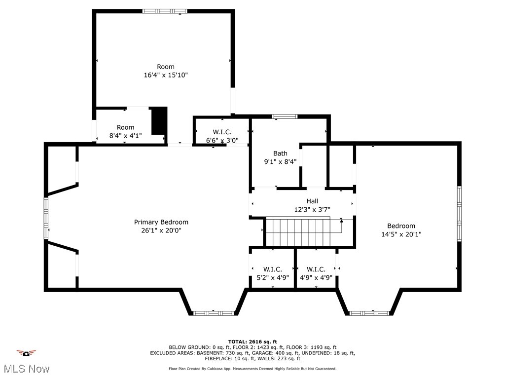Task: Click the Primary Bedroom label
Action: (161, 222)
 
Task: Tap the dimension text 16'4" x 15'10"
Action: (166, 75)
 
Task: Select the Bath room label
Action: (280, 153)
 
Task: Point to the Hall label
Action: (312, 201)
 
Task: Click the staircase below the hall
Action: (301, 232)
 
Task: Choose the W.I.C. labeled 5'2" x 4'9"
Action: (272, 269)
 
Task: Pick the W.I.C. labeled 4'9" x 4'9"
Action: (316, 269)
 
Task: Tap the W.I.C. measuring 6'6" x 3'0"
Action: (222, 132)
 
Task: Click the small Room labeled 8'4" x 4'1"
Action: (125, 127)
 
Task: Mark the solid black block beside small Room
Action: (159, 121)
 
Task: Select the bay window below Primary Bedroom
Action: (213, 313)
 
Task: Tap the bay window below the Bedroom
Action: (369, 313)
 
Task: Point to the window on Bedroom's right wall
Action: (459, 214)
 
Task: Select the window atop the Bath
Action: (285, 116)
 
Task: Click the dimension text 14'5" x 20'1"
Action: (401, 234)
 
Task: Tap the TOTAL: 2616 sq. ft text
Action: (252, 341)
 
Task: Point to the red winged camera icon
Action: (26, 352)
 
